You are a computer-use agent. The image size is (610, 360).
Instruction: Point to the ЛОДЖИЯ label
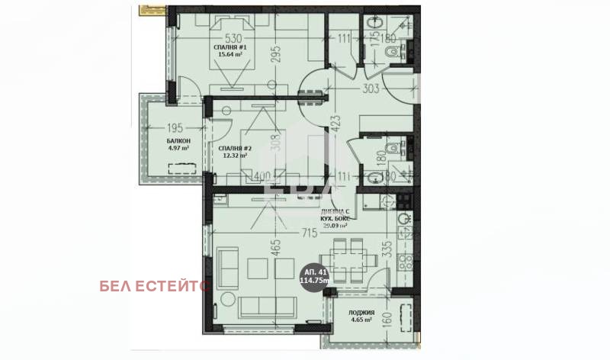(x=361, y=312)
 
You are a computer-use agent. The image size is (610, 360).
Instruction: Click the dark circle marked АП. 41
(x=315, y=277)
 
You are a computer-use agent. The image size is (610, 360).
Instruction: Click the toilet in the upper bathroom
(x=391, y=52)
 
